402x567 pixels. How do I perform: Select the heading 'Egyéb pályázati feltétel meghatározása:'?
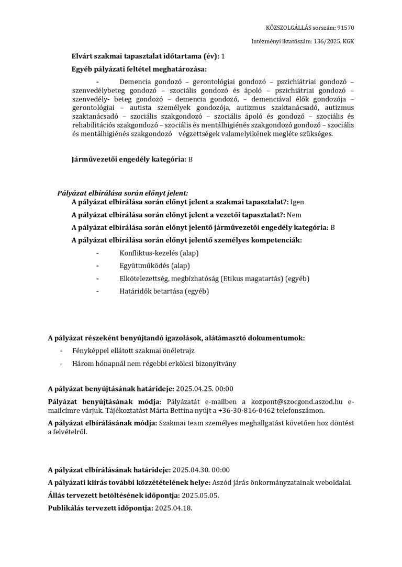tap(139, 69)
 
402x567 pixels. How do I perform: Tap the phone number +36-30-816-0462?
tap(243, 411)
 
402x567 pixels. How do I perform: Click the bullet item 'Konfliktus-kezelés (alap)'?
tap(159, 253)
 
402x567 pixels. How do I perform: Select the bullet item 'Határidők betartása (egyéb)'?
tap(164, 291)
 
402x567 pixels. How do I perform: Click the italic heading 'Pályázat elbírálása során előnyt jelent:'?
tap(122, 193)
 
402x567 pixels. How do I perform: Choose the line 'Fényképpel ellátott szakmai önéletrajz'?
tap(130, 351)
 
